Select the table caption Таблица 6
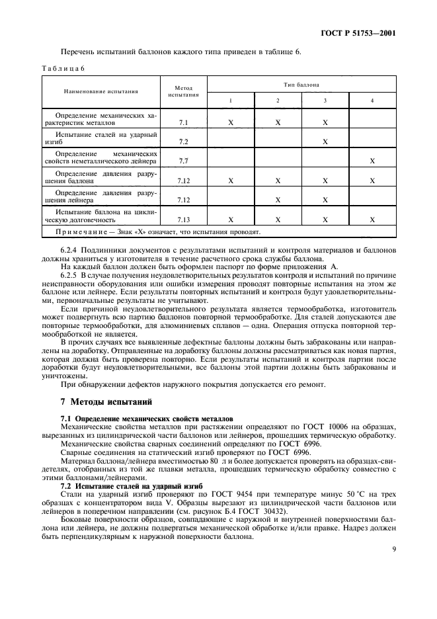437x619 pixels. [x=60, y=67]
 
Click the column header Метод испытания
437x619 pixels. [x=183, y=91]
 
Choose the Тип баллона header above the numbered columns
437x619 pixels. [x=301, y=85]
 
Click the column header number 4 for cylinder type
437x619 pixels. [x=372, y=100]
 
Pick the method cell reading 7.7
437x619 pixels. [x=183, y=161]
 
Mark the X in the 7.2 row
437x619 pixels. [x=325, y=142]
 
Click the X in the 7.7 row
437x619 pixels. [x=372, y=161]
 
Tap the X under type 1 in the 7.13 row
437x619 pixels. [x=231, y=218]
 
